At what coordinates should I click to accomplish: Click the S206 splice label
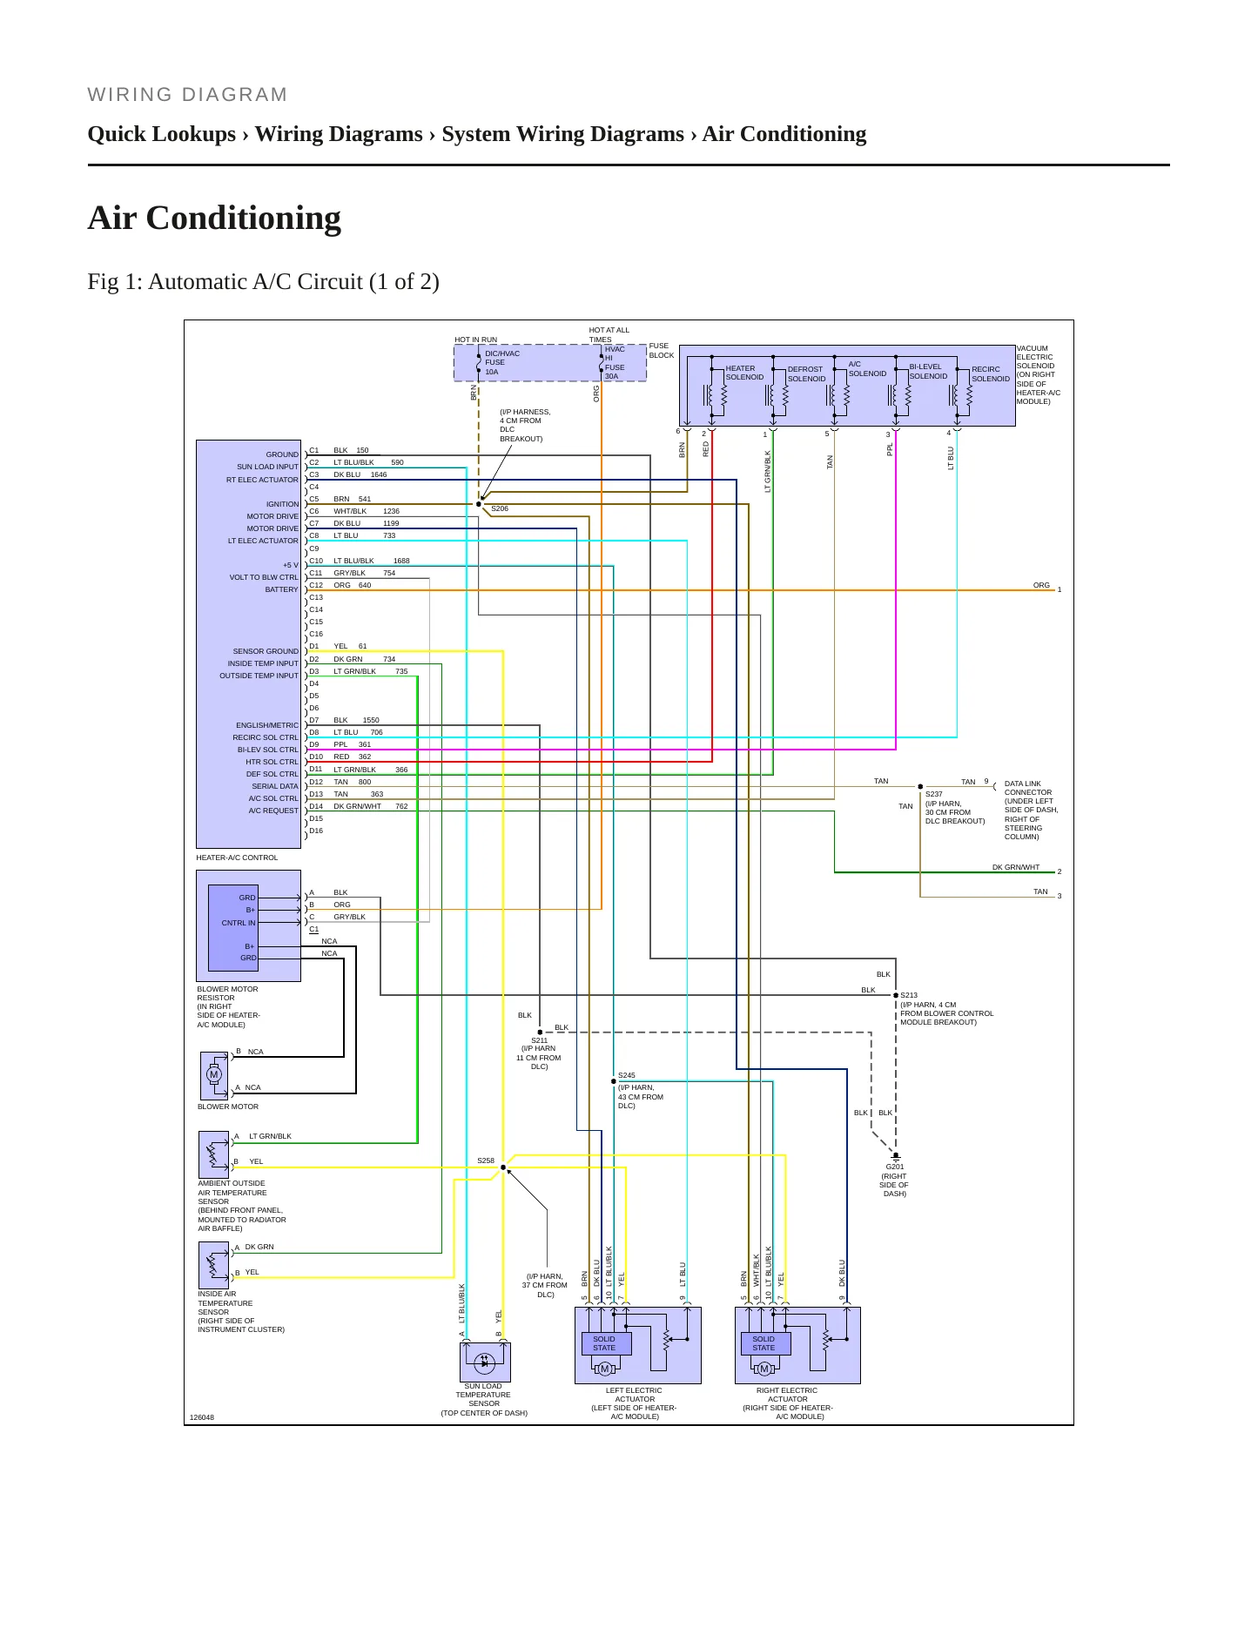click(x=500, y=508)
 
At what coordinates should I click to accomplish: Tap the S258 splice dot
click(x=503, y=1167)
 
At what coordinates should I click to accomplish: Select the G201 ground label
click(x=895, y=1167)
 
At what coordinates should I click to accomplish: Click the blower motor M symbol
click(x=214, y=1074)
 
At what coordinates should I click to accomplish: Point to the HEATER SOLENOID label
click(x=744, y=373)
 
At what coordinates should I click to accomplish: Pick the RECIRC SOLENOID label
click(x=991, y=374)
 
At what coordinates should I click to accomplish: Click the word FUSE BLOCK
click(x=662, y=350)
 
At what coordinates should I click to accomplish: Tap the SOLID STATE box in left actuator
click(x=604, y=1343)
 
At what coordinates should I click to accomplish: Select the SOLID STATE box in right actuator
click(x=764, y=1343)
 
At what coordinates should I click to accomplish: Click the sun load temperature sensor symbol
click(x=485, y=1362)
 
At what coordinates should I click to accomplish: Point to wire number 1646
click(x=379, y=474)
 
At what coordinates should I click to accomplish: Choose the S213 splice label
click(x=909, y=995)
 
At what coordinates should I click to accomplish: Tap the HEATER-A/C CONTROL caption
click(x=237, y=858)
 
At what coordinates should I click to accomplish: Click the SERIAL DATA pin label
click(x=275, y=786)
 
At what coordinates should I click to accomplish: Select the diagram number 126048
click(x=202, y=1417)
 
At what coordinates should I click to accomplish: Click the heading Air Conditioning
click(x=214, y=218)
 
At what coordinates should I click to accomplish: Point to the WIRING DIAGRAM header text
click(x=187, y=95)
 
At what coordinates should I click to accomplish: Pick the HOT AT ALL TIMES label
click(x=609, y=334)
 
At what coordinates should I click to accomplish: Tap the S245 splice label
click(x=627, y=1075)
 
